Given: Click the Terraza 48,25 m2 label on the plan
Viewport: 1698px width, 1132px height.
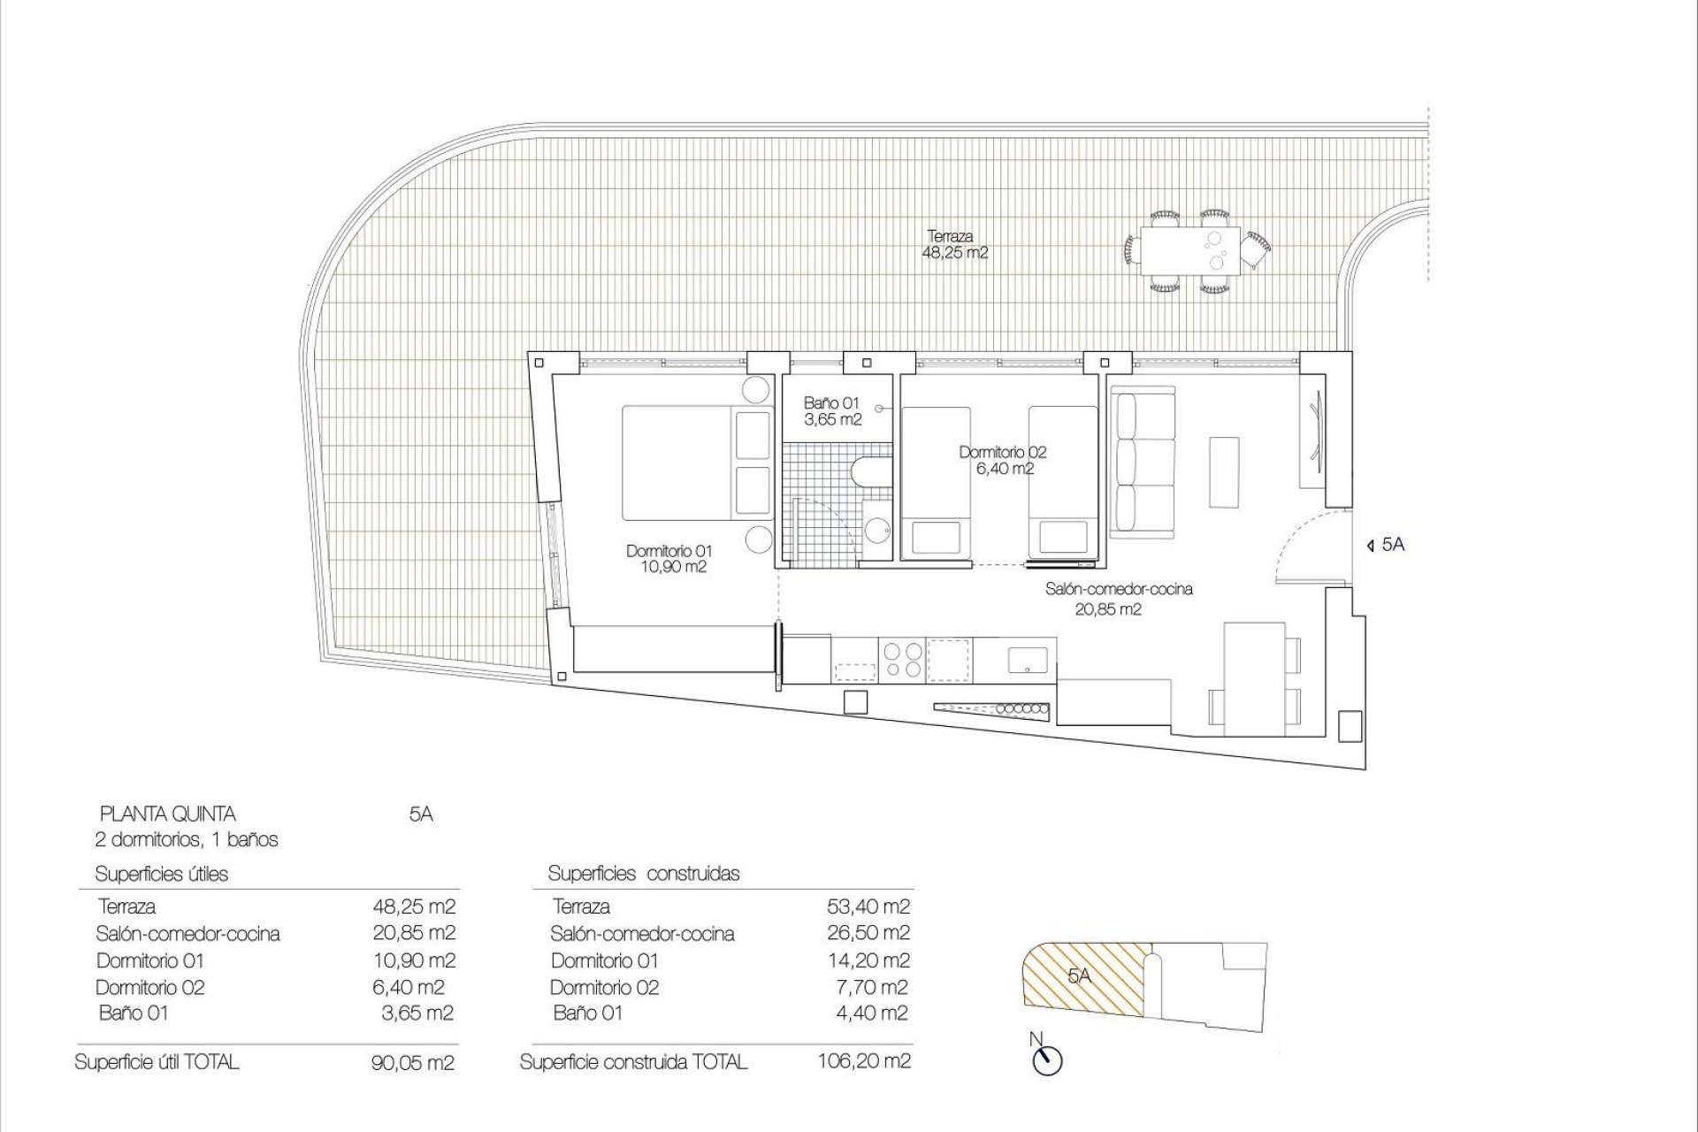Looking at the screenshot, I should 954,244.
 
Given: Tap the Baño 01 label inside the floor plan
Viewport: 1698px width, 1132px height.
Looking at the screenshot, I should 831,411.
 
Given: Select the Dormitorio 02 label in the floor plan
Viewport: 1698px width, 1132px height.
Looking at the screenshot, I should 1003,460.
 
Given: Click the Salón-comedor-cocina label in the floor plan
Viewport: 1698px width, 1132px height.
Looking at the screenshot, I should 1119,598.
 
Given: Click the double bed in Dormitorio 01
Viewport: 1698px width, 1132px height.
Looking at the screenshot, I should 695,462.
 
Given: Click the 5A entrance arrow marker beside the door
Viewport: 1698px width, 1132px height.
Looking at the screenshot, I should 1369,546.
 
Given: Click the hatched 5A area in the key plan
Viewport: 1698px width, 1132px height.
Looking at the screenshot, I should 1083,976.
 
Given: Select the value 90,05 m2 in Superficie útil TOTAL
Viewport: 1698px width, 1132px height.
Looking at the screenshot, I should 413,1063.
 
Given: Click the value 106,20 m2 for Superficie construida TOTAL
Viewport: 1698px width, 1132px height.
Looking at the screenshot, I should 864,1060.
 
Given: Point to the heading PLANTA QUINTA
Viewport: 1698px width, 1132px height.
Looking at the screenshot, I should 168,814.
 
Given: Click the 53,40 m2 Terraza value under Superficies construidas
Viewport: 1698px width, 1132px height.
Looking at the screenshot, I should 867,906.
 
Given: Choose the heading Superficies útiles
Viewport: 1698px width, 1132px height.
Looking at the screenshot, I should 162,874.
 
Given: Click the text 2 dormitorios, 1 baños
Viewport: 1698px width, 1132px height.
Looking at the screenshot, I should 187,839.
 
